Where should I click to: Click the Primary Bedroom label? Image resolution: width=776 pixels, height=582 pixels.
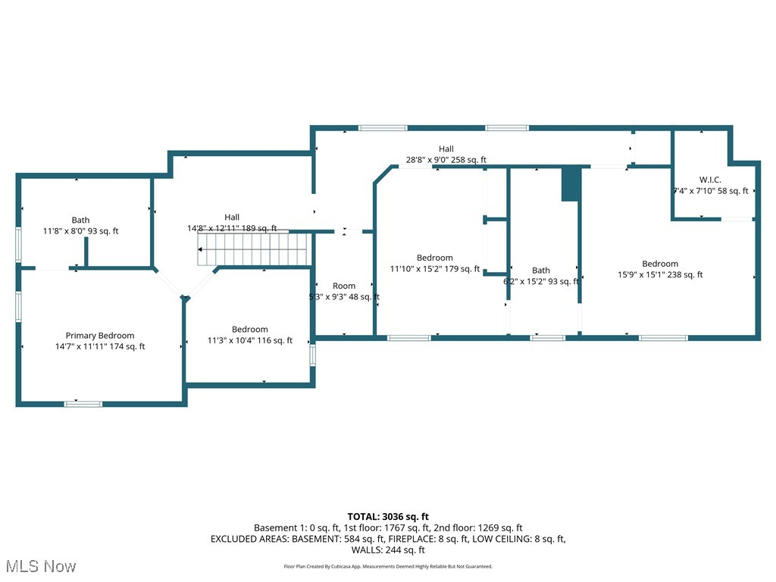pyautogui.click(x=99, y=336)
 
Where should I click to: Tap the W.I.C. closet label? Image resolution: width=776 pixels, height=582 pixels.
pyautogui.click(x=710, y=180)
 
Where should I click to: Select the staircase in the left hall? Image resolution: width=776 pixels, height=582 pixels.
pyautogui.click(x=254, y=249)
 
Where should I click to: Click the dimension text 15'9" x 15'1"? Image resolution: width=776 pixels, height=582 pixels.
pyautogui.click(x=660, y=275)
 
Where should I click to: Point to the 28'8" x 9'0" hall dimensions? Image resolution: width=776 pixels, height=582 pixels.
pyautogui.click(x=446, y=160)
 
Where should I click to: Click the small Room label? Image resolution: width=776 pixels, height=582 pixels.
pyautogui.click(x=344, y=286)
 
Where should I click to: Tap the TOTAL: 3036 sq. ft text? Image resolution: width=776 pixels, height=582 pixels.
pyautogui.click(x=387, y=516)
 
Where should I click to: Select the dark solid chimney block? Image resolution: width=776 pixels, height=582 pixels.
pyautogui.click(x=571, y=184)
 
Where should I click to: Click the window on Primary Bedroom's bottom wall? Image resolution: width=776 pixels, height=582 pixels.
pyautogui.click(x=83, y=404)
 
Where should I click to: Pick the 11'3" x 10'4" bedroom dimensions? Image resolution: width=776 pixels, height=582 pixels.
pyautogui.click(x=250, y=341)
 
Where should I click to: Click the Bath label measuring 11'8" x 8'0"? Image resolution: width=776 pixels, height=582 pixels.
pyautogui.click(x=80, y=221)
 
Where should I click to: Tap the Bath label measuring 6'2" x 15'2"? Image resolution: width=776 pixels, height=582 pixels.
pyautogui.click(x=541, y=270)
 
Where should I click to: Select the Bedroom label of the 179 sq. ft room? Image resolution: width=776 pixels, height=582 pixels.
pyautogui.click(x=434, y=258)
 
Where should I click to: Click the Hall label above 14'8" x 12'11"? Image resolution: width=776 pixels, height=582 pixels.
pyautogui.click(x=232, y=217)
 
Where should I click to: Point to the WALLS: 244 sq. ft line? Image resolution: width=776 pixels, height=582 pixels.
pyautogui.click(x=387, y=550)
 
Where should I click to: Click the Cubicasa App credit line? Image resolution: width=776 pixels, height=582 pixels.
pyautogui.click(x=387, y=566)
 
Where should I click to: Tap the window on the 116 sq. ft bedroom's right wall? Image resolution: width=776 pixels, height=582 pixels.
pyautogui.click(x=312, y=355)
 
